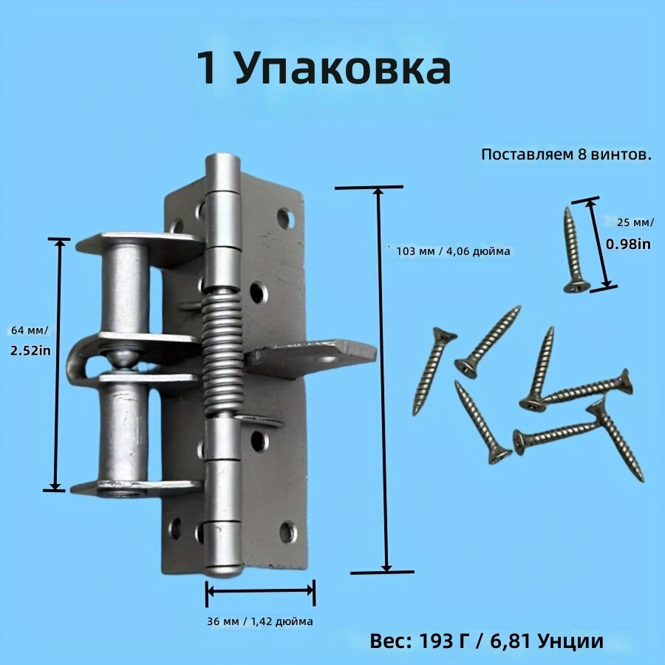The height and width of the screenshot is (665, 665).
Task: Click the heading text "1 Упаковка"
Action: [x=324, y=69]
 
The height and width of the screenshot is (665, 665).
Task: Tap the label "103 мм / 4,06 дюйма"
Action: [x=453, y=251]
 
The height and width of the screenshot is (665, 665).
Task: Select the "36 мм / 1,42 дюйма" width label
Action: [x=260, y=621]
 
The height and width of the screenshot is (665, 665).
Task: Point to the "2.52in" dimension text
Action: [x=30, y=350]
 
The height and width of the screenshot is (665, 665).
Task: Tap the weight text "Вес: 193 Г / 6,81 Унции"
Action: [x=486, y=641]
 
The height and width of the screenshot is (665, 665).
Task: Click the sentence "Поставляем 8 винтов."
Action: [x=566, y=154]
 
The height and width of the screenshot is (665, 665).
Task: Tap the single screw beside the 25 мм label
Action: [x=575, y=250]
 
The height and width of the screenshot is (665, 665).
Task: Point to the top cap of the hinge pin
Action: [x=222, y=171]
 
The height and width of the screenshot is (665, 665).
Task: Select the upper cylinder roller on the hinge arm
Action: [x=125, y=289]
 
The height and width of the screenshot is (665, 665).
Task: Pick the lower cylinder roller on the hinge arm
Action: [x=123, y=432]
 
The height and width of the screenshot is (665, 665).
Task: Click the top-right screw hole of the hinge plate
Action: [x=286, y=219]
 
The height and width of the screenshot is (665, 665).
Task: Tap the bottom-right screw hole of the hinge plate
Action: [x=288, y=532]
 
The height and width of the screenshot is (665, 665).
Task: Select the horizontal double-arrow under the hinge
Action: [x=260, y=590]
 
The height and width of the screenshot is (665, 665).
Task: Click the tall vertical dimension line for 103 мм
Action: [x=383, y=379]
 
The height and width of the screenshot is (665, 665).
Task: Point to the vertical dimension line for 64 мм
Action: [x=57, y=365]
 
